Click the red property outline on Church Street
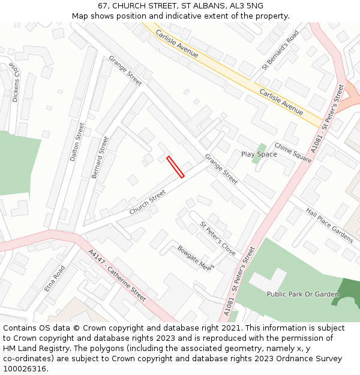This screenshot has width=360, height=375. pyautogui.click(x=175, y=167)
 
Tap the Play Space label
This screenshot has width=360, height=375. pyautogui.click(x=259, y=154)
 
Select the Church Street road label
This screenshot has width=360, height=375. pyautogui.click(x=147, y=202)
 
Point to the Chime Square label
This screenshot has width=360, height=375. pyautogui.click(x=293, y=152)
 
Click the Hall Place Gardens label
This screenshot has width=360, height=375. pyautogui.click(x=329, y=225)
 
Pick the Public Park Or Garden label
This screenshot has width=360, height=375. pyautogui.click(x=295, y=294)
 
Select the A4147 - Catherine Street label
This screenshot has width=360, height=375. pyautogui.click(x=117, y=275)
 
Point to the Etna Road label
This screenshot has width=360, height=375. pyautogui.click(x=54, y=279)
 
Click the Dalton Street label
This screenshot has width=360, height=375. pyautogui.click(x=77, y=142)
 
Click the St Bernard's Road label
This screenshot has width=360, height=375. pyautogui.click(x=280, y=50)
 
